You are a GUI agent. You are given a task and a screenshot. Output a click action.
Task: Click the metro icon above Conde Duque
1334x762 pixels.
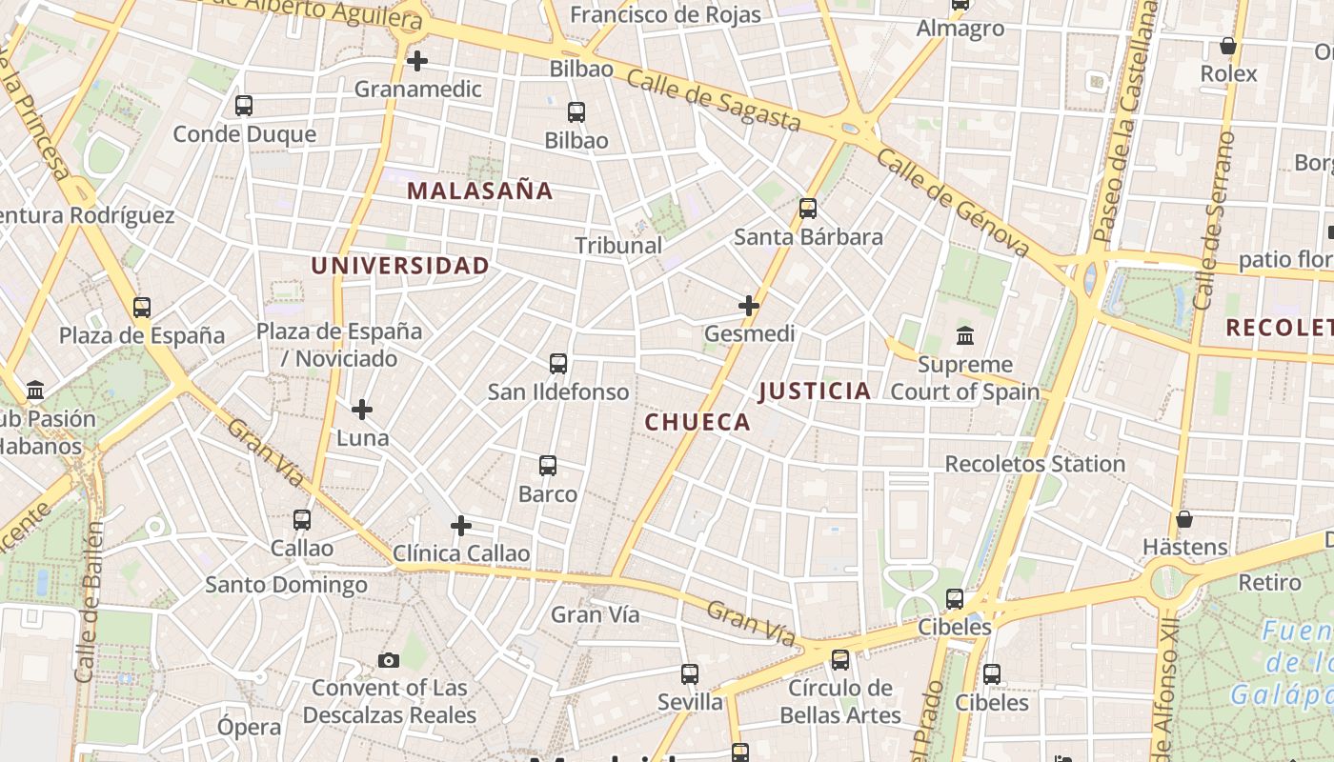tap(244, 106)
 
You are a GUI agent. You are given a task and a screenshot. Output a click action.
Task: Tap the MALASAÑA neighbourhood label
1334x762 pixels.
tap(479, 190)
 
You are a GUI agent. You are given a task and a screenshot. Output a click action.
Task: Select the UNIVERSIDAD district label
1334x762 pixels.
tap(400, 266)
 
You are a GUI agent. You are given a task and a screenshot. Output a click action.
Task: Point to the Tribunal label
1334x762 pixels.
tap(618, 245)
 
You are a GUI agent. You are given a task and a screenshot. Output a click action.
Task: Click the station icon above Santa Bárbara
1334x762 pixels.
tap(808, 209)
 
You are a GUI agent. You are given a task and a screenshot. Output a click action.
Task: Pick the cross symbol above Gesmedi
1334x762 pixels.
tap(749, 306)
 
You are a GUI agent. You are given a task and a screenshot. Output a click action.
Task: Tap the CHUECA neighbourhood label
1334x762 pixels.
tap(697, 422)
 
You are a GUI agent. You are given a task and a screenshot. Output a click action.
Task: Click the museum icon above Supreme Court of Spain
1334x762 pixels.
tap(964, 336)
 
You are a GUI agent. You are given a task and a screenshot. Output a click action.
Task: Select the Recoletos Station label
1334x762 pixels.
tap(1035, 464)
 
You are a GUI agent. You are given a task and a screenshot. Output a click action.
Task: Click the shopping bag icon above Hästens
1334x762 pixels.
tap(1184, 519)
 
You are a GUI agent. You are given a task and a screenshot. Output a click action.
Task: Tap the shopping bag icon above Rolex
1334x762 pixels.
tap(1228, 46)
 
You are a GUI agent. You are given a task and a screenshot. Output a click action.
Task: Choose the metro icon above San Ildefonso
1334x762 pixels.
tap(558, 364)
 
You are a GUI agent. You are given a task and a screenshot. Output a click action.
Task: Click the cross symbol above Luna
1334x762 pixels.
tap(362, 410)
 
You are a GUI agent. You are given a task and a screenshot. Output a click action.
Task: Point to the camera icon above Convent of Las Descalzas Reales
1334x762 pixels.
tap(389, 660)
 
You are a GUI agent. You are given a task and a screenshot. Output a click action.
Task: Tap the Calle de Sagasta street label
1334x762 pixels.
tap(714, 101)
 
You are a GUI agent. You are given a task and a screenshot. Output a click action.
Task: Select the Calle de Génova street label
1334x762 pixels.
tap(953, 202)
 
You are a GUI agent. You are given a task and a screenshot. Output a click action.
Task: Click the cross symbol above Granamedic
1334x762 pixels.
tap(416, 61)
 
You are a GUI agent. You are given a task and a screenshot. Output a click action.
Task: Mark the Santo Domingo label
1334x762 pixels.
tap(287, 584)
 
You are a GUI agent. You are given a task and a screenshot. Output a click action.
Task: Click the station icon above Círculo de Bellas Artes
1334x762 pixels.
tap(839, 659)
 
